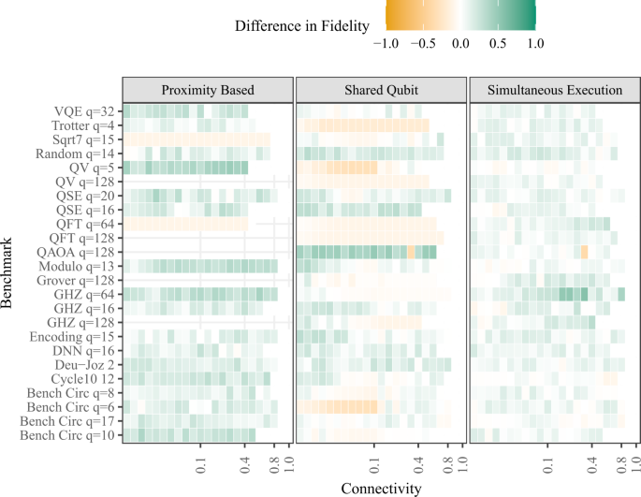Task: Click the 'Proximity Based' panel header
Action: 208,90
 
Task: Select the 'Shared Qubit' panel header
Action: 381,90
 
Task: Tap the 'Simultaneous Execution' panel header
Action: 555,90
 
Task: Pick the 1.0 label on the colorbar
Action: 534,41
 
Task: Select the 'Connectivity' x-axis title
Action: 381,489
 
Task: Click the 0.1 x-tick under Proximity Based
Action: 200,461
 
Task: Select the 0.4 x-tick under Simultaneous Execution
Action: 592,461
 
